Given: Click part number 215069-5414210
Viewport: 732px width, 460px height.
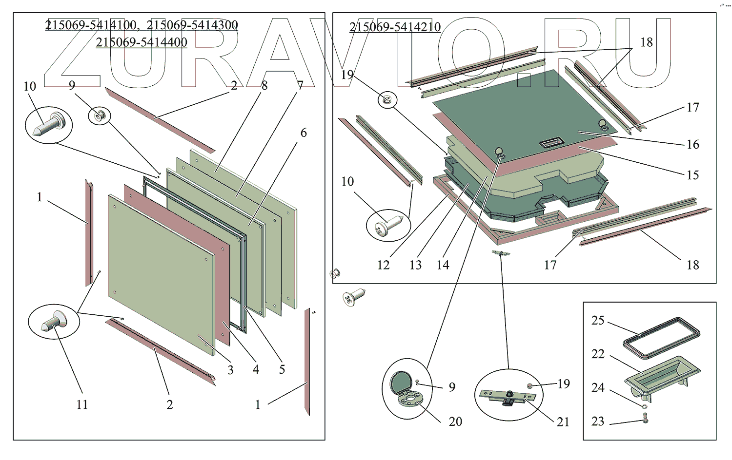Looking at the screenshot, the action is [x=395, y=27].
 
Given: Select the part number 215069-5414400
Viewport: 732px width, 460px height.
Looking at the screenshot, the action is [x=142, y=42].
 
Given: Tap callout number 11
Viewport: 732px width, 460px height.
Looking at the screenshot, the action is [x=82, y=404].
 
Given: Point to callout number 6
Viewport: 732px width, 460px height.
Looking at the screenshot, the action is [x=304, y=133].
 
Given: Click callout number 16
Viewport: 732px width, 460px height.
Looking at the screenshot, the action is [x=693, y=144].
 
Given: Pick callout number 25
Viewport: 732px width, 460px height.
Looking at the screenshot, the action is [x=598, y=320].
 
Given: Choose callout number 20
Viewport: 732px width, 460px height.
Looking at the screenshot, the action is [x=455, y=422].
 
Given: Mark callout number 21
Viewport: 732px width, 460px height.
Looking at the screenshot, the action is [x=563, y=422].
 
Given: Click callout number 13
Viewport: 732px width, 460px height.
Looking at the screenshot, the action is [x=416, y=265].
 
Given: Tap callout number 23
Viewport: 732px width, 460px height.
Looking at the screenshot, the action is [x=598, y=421].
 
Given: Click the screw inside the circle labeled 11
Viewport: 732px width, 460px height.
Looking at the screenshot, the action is [x=53, y=321].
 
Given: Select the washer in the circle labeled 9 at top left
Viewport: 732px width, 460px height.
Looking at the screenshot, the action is [x=100, y=115].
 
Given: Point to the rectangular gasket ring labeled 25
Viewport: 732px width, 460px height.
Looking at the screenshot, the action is [x=661, y=338].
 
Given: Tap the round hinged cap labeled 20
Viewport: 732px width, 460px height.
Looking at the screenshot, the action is [x=404, y=389].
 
